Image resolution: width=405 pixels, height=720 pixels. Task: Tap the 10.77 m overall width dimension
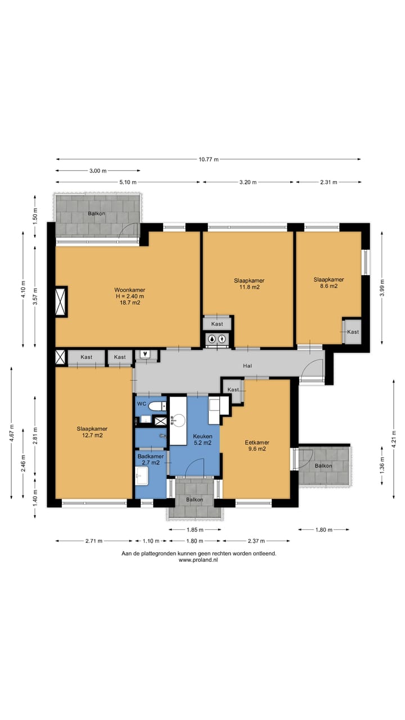pyautogui.click(x=208, y=159)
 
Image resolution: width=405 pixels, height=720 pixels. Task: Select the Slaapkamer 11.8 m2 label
pyautogui.click(x=249, y=284)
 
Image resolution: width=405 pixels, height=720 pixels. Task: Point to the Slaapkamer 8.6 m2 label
pyautogui.click(x=329, y=283)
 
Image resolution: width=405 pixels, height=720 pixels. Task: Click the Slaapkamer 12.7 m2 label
pyautogui.click(x=92, y=432)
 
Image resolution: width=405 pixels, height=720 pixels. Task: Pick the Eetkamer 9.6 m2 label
pyautogui.click(x=257, y=445)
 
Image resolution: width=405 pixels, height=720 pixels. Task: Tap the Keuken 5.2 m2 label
pyautogui.click(x=202, y=439)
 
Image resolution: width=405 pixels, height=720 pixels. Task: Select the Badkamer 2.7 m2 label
pyautogui.click(x=150, y=460)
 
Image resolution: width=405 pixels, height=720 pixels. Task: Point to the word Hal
pyautogui.click(x=247, y=366)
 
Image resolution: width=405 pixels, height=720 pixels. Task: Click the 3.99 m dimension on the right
pyautogui.click(x=382, y=287)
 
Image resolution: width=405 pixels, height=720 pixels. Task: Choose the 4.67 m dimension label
pyautogui.click(x=11, y=433)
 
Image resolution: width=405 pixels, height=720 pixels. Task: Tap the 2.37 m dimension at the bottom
pyautogui.click(x=256, y=541)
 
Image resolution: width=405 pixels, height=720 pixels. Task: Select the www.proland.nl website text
pyautogui.click(x=199, y=560)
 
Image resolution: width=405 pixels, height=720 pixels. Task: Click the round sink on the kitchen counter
pyautogui.click(x=178, y=420)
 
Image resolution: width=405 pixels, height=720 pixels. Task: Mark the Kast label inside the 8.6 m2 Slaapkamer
pyautogui.click(x=353, y=332)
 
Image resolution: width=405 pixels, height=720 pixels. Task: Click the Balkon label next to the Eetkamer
pyautogui.click(x=323, y=466)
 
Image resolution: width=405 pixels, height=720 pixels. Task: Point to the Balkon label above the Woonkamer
pyautogui.click(x=96, y=213)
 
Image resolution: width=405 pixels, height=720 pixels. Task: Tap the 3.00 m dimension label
pyautogui.click(x=98, y=170)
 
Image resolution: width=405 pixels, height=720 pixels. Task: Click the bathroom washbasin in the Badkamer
pyautogui.click(x=142, y=476)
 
